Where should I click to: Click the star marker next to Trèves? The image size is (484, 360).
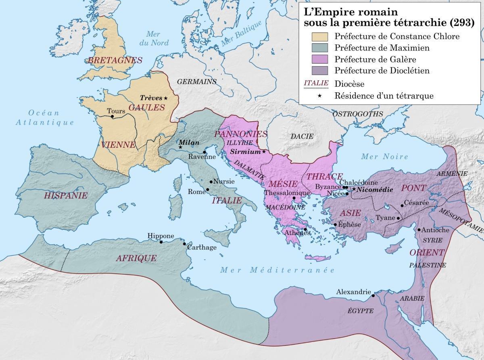tap(166, 98)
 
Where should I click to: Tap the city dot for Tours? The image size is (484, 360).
tap(112, 117)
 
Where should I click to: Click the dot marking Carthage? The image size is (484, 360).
tap(185, 243)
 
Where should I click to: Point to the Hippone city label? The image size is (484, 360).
tap(161, 236)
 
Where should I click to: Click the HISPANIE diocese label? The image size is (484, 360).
tap(67, 196)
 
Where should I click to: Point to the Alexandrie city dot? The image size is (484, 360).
tap(373, 295)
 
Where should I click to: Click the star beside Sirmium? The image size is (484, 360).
tap(264, 152)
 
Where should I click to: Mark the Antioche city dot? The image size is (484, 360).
tap(419, 230)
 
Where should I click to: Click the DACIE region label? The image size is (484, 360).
tap(302, 136)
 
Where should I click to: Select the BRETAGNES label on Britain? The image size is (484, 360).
tap(115, 60)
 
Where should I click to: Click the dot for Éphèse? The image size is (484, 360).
tap(335, 224)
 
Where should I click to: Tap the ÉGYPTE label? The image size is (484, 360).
tap(361, 311)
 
